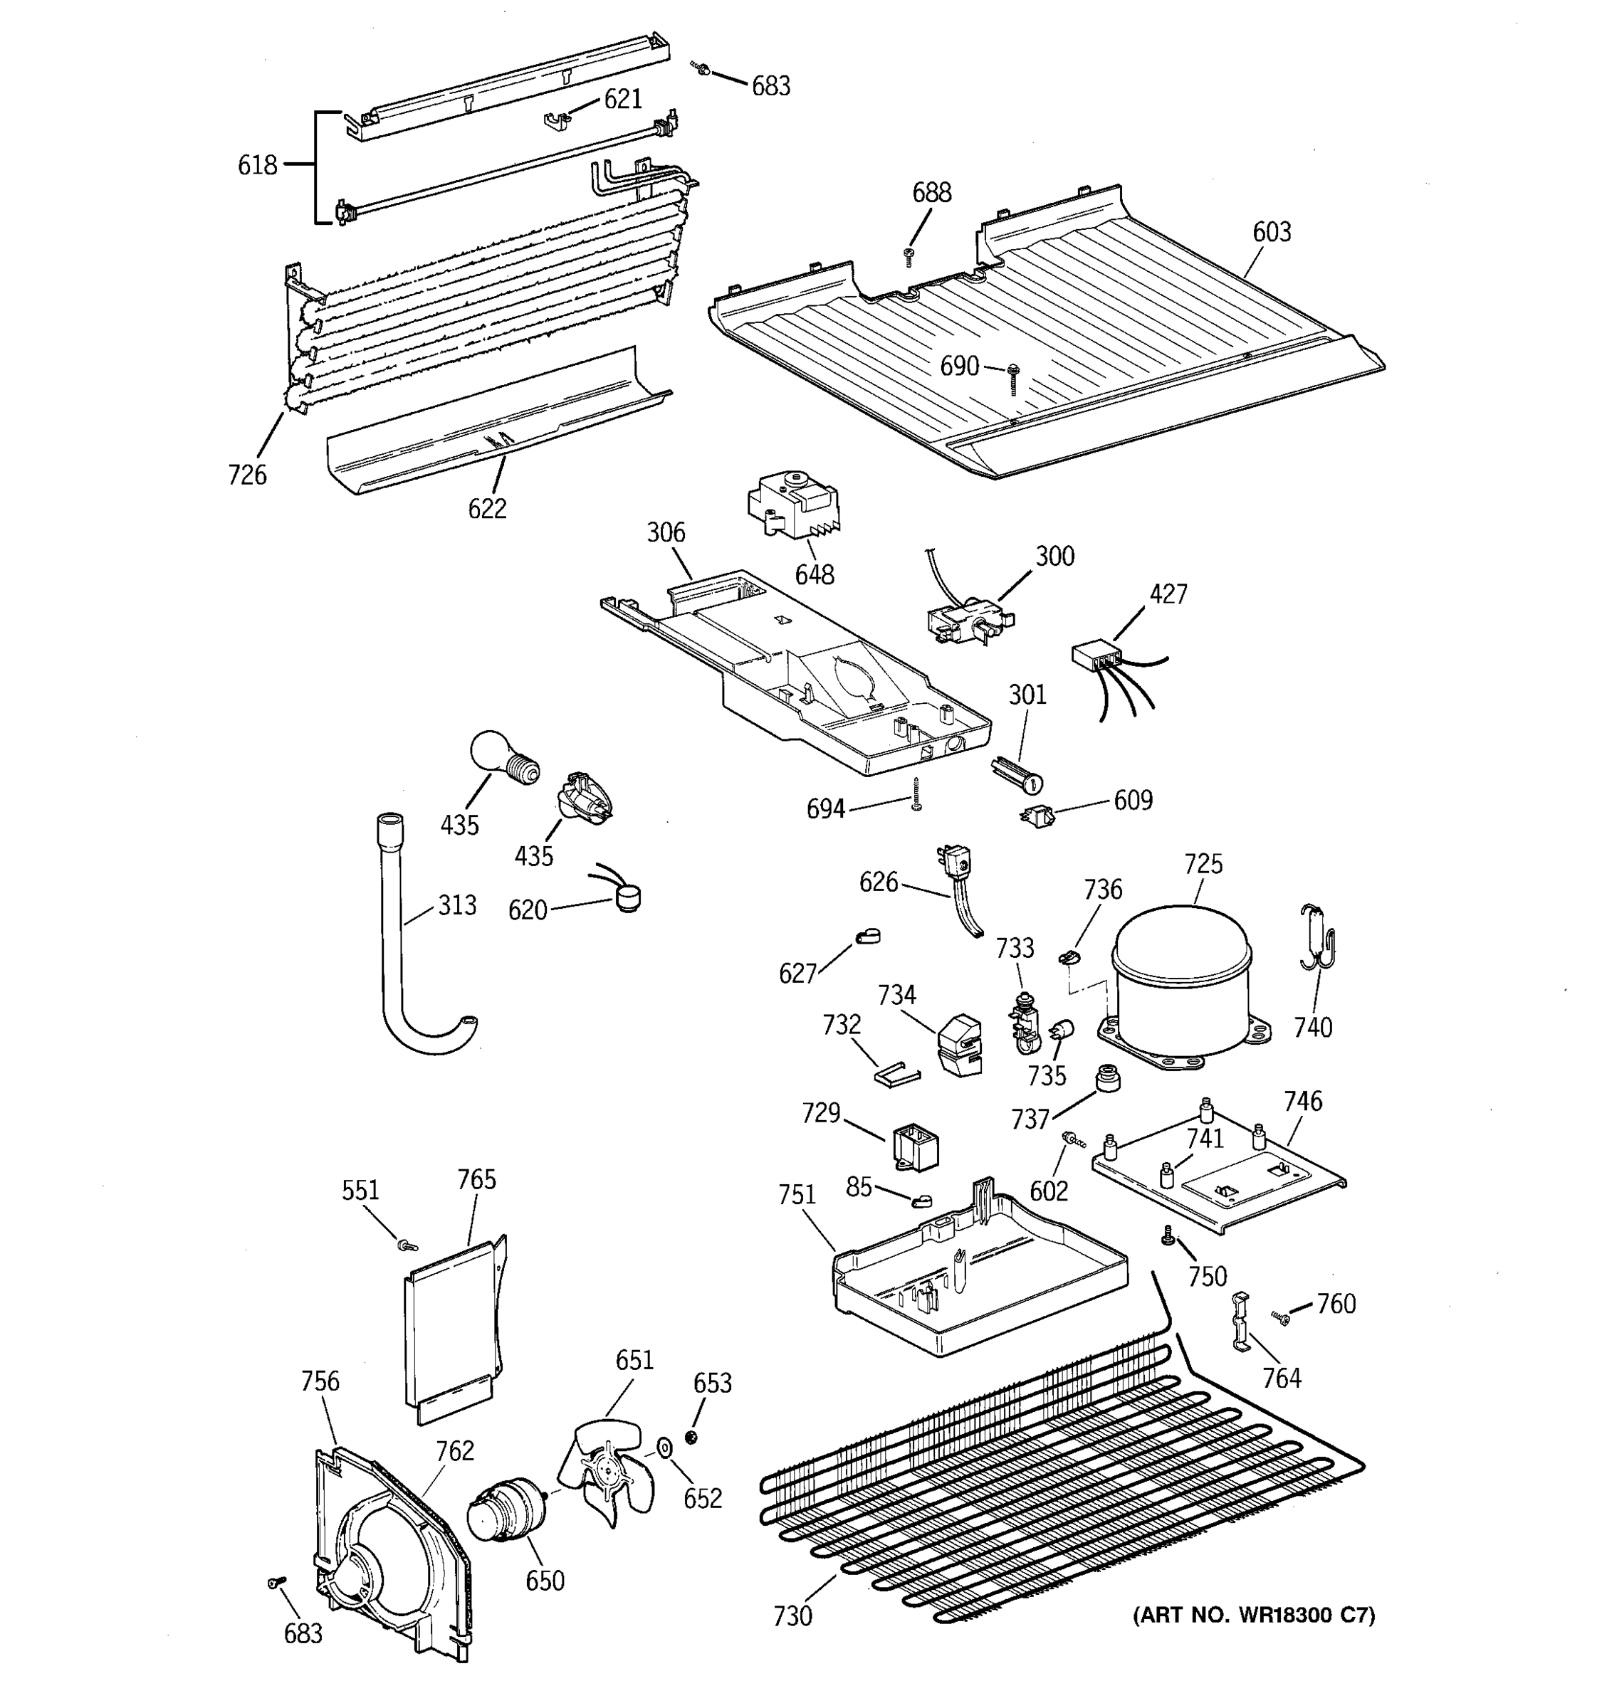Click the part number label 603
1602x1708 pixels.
tap(1271, 232)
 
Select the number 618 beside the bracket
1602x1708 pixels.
tap(258, 164)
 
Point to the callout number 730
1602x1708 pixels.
tap(792, 1616)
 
